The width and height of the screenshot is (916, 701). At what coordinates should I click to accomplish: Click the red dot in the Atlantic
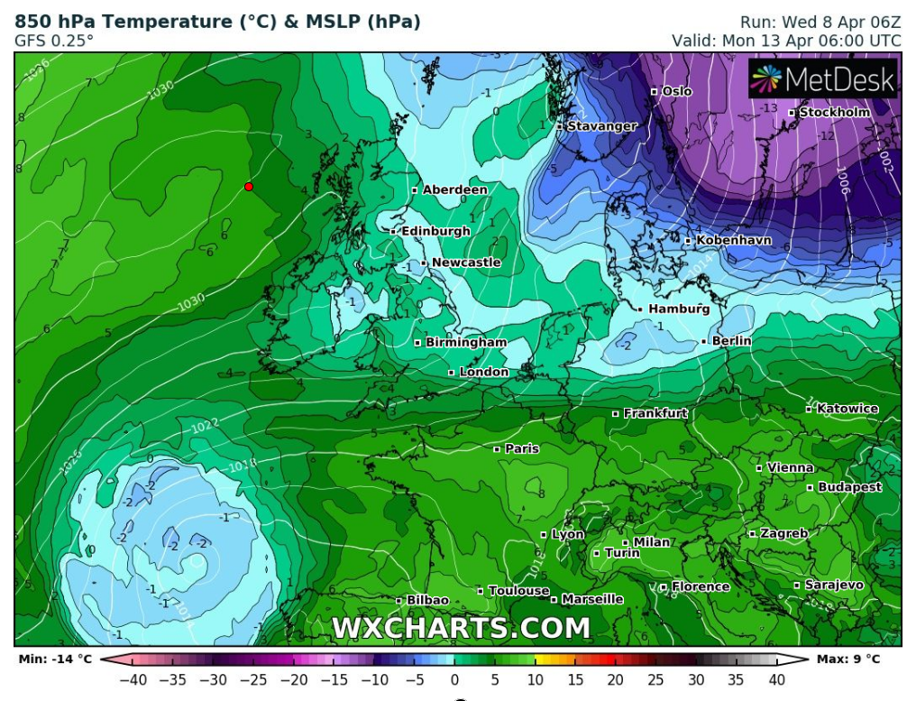[249, 187]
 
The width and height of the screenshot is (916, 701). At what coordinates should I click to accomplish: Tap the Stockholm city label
[835, 112]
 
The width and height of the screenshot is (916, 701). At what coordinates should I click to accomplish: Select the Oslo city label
[677, 91]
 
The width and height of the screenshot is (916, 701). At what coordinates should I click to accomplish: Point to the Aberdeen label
[455, 189]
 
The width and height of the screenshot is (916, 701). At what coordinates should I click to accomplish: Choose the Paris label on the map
[522, 448]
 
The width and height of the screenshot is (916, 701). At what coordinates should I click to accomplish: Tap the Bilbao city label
[427, 600]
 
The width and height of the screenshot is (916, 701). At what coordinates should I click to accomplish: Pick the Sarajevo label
[834, 585]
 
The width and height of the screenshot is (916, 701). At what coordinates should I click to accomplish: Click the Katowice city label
[847, 409]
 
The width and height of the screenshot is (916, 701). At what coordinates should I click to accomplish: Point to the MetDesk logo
[823, 79]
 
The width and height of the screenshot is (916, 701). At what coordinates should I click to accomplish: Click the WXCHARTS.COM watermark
[461, 628]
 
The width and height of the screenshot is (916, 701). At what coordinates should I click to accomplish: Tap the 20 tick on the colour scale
[616, 679]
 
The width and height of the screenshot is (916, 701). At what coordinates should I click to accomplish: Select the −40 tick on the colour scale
[133, 679]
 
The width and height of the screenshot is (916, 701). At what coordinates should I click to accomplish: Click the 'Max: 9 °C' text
[848, 659]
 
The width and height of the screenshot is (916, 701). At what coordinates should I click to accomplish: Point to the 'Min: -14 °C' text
[55, 659]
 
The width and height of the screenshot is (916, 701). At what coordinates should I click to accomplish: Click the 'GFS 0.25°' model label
[54, 41]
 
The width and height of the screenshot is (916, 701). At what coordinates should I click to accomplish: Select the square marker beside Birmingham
[417, 343]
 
